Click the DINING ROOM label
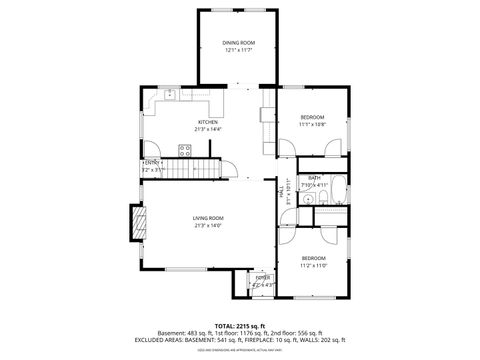(x=239, y=42)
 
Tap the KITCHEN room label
(x=207, y=122)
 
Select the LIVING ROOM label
(x=208, y=218)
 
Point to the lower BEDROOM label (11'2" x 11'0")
(x=313, y=259)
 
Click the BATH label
(x=314, y=178)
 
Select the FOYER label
(x=262, y=277)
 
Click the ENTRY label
(x=151, y=163)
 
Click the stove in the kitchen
(x=185, y=151)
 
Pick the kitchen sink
(x=171, y=95)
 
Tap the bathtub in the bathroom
(x=340, y=186)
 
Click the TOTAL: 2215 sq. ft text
(x=239, y=325)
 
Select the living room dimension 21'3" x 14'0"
(x=208, y=225)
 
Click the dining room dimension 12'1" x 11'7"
(x=239, y=49)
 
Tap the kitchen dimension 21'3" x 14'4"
(x=207, y=129)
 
